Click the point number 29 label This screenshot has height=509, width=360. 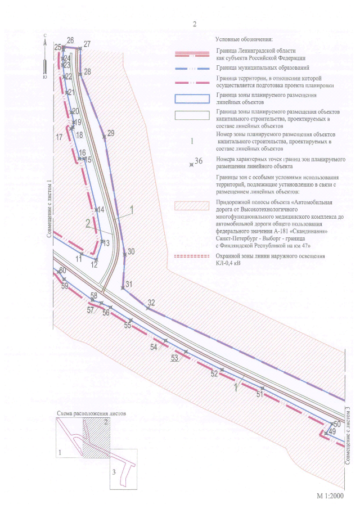point(110,133)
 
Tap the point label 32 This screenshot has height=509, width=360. point(151,303)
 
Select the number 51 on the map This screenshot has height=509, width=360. point(259,395)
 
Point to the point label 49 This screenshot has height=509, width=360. point(332,431)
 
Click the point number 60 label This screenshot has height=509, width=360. point(62,271)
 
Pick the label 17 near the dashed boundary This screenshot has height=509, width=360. point(60,137)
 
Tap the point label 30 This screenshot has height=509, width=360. point(131,251)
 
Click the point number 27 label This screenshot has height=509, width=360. point(87,44)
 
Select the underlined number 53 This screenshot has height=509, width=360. point(174,358)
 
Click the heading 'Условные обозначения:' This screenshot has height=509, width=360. point(244,39)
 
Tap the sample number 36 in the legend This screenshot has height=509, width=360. point(198,161)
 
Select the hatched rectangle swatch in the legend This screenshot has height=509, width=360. point(192,205)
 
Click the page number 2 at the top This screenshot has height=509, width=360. point(195,24)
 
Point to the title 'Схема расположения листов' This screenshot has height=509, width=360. point(92,413)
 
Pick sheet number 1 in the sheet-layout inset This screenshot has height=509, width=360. point(60,452)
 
